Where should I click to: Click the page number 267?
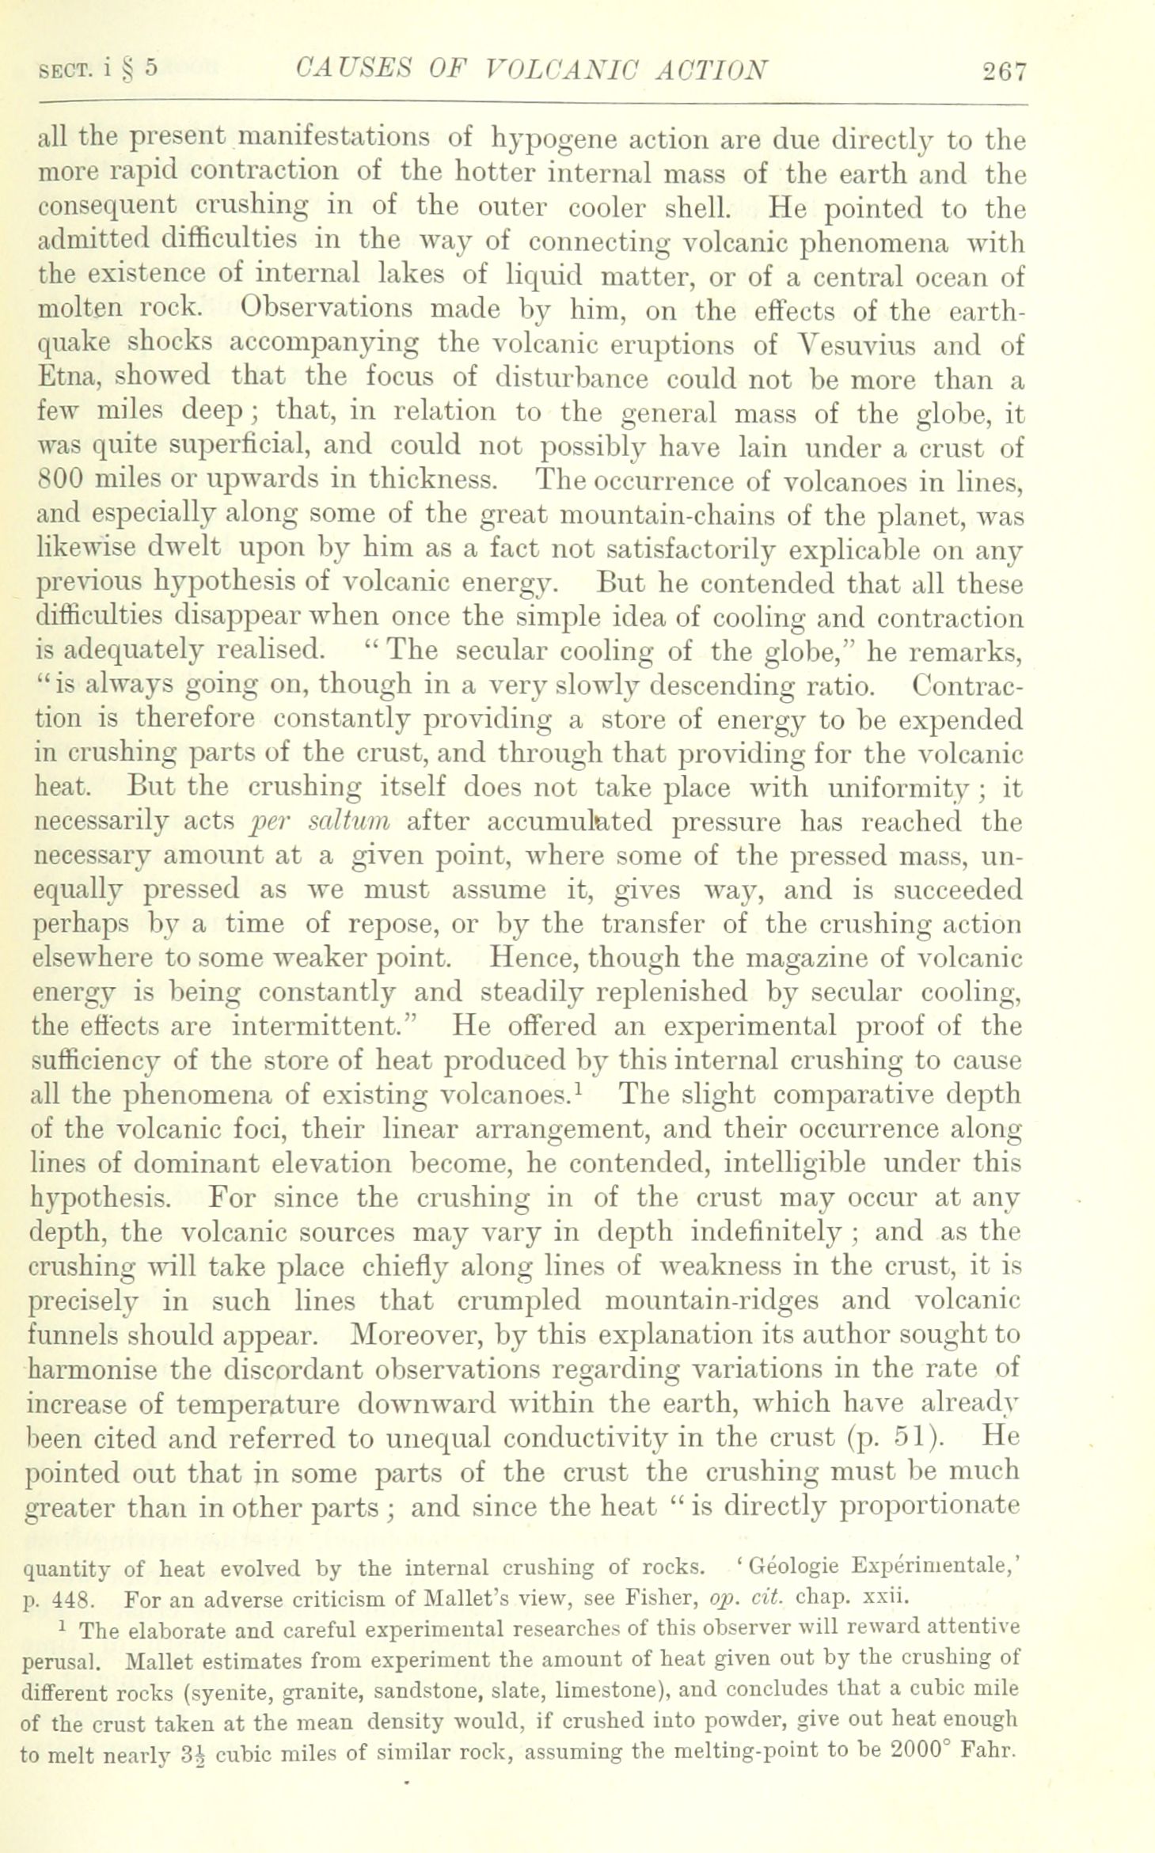click(x=1004, y=71)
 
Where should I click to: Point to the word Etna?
click(x=66, y=380)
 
